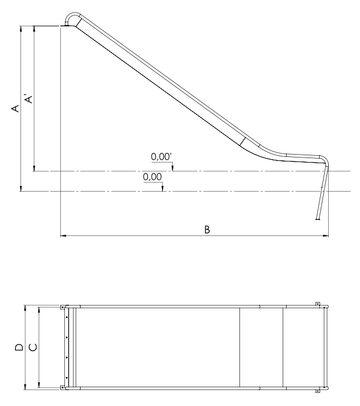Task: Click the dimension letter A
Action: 15,108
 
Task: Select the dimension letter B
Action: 207,229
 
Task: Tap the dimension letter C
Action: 33,347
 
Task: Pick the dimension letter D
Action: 19,347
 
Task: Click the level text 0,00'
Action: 161,156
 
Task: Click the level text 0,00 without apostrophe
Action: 152,177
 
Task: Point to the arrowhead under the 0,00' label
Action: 173,168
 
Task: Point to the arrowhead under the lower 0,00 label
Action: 163,189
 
